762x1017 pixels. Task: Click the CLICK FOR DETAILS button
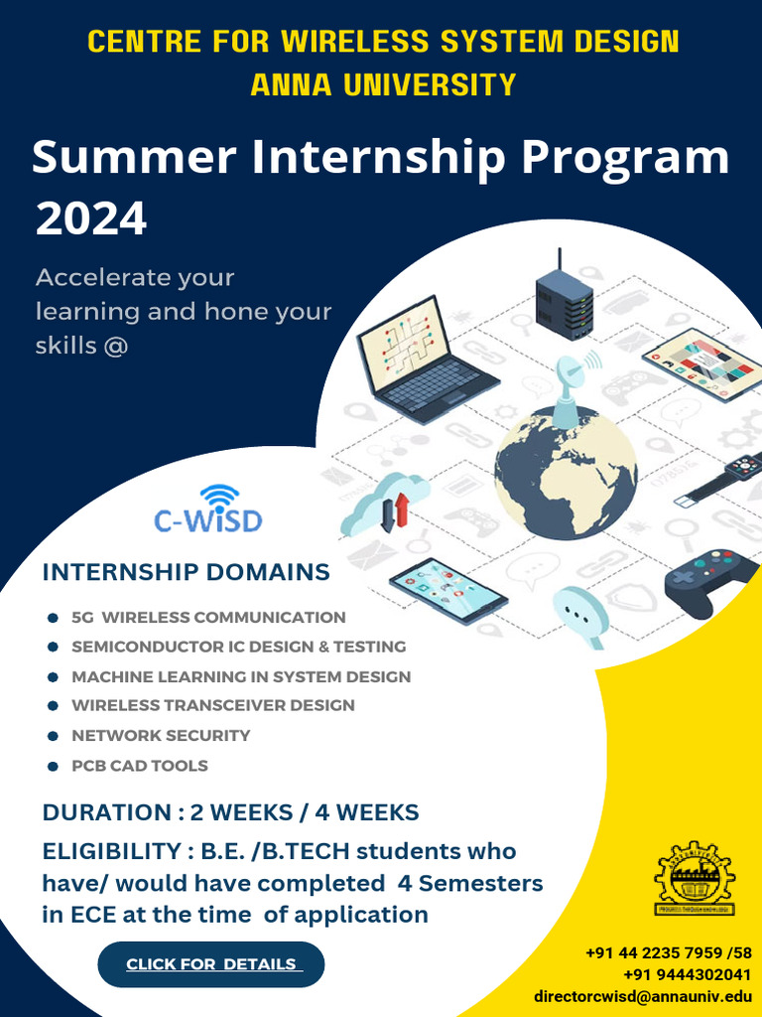pyautogui.click(x=211, y=964)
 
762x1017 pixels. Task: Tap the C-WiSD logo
pyautogui.click(x=208, y=510)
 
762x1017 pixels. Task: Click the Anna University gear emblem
pyautogui.click(x=695, y=880)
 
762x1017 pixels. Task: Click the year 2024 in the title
pyautogui.click(x=91, y=218)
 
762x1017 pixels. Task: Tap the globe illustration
pyautogui.click(x=566, y=473)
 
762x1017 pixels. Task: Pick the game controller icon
pyautogui.click(x=710, y=582)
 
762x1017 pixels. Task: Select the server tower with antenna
pyautogui.click(x=564, y=297)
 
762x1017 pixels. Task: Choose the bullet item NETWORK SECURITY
pyautogui.click(x=161, y=736)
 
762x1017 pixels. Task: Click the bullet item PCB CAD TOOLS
pyautogui.click(x=140, y=766)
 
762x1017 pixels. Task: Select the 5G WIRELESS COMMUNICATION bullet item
pyautogui.click(x=208, y=618)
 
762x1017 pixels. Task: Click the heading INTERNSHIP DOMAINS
pyautogui.click(x=186, y=572)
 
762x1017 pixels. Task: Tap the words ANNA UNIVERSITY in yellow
pyautogui.click(x=383, y=84)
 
